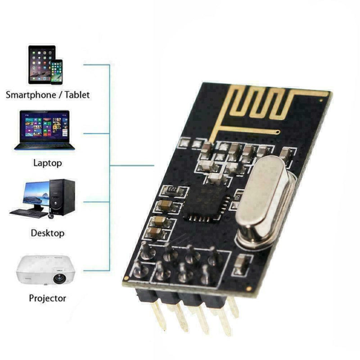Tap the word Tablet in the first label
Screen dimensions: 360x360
pyautogui.click(x=77, y=95)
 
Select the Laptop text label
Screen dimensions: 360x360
pyautogui.click(x=48, y=163)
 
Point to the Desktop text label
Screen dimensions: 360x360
pyautogui.click(x=48, y=233)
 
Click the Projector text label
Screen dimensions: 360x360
pyautogui.click(x=48, y=298)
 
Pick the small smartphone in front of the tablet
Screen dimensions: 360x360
pyautogui.click(x=56, y=72)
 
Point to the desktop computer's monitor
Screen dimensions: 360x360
pyautogui.click(x=36, y=194)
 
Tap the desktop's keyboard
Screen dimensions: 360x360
pyautogui.click(x=28, y=213)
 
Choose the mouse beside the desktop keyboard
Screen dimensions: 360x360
pyautogui.click(x=50, y=216)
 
